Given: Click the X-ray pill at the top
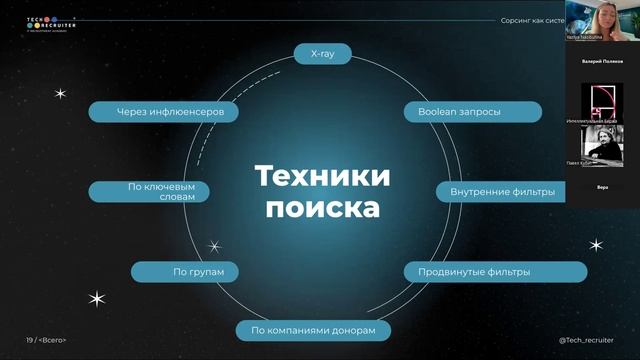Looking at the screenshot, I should (323, 54).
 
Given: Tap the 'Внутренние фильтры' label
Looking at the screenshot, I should (496, 191).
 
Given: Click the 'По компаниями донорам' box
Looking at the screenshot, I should (313, 330).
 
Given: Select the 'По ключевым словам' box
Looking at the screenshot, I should (148, 191).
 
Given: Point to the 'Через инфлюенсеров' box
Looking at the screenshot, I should (163, 112).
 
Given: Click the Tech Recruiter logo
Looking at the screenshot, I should (50, 23).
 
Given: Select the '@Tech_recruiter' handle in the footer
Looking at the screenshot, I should (586, 340).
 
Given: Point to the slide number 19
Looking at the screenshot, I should (30, 340).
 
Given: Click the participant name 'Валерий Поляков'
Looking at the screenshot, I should (602, 61).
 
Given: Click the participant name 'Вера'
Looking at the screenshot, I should (602, 187).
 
